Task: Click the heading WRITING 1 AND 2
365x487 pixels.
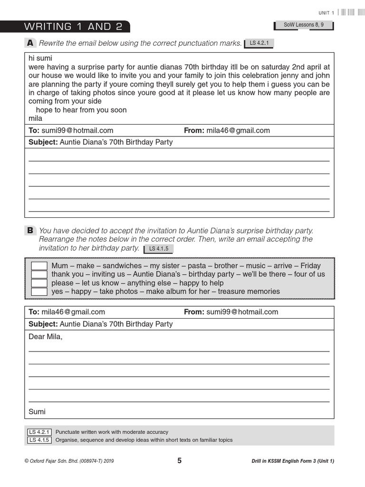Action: [73, 27]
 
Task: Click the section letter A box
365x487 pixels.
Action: [30, 43]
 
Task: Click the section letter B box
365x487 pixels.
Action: [30, 231]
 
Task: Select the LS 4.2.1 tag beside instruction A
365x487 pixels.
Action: [259, 44]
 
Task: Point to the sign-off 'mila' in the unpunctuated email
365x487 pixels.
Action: [35, 118]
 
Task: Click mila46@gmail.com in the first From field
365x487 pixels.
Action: [238, 130]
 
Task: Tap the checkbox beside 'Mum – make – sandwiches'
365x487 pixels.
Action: [39, 266]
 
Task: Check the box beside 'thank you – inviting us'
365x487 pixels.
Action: [39, 274]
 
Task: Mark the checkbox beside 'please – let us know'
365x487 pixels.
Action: [39, 283]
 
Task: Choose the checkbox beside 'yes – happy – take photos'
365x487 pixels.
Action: [39, 292]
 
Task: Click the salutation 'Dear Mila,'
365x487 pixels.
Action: [46, 337]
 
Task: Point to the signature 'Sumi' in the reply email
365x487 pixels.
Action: [37, 411]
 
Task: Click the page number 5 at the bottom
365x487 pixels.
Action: [179, 460]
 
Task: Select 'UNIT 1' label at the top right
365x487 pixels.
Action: [326, 13]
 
